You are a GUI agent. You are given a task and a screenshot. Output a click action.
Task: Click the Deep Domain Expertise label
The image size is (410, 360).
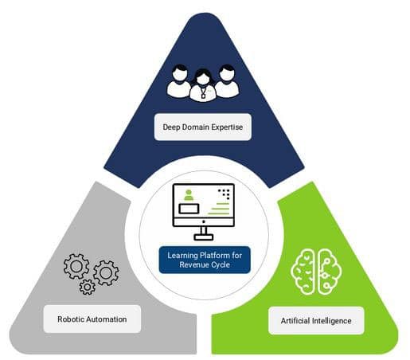(203, 127)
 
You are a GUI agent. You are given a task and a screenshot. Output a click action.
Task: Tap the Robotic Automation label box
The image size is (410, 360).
(92, 319)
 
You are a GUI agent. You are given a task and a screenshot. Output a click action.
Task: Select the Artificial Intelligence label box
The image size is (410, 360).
(316, 321)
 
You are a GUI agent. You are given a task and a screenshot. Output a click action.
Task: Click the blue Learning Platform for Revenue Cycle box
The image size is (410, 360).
(205, 260)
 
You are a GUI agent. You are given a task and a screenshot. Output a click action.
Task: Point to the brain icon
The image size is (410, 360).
(316, 272)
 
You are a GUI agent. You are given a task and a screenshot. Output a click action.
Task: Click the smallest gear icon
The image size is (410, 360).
(87, 287)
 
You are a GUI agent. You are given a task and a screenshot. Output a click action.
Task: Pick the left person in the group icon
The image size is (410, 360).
(179, 81)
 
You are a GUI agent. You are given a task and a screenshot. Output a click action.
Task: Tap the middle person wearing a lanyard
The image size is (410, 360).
(203, 85)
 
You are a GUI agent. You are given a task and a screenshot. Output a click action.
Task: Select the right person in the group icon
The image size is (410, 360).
(227, 81)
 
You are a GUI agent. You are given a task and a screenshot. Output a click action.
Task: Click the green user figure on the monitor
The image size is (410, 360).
(189, 195)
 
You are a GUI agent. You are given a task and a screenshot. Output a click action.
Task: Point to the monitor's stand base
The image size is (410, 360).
(204, 237)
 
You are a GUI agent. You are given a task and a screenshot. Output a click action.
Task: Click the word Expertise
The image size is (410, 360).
(227, 127)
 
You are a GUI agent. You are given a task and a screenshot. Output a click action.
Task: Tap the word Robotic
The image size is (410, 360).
(71, 319)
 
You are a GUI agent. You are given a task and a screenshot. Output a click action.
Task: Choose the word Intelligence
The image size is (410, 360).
(332, 321)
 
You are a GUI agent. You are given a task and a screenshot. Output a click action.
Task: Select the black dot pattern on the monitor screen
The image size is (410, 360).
(224, 194)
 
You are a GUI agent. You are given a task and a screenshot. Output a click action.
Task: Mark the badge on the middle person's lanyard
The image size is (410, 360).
(203, 96)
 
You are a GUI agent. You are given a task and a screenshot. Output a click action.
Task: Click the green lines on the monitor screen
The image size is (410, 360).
(219, 209)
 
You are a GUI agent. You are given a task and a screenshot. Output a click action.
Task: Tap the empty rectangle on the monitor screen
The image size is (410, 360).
(189, 209)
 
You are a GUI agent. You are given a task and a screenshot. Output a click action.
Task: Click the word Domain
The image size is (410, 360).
(195, 127)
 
